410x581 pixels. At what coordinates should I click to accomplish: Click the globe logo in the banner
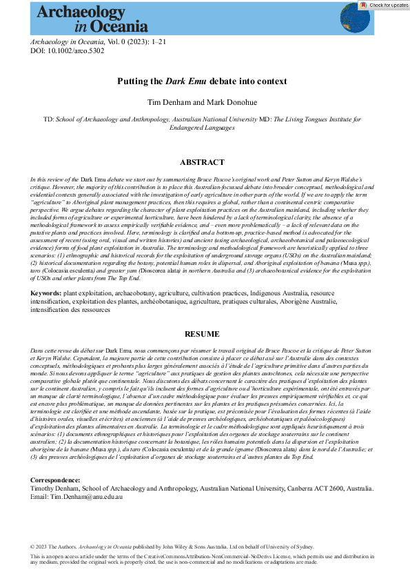tap(355, 19)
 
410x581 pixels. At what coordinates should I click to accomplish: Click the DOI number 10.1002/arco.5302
tap(68, 50)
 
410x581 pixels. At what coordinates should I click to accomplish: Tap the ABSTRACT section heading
tap(202, 162)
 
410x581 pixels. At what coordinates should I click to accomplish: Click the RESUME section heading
tap(202, 334)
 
